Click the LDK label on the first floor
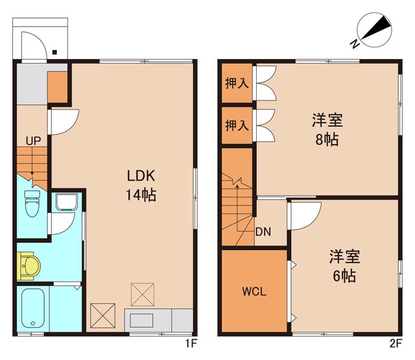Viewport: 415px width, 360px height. point(141,175)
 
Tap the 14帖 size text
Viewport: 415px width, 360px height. point(141,195)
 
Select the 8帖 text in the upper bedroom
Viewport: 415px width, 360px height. point(327,139)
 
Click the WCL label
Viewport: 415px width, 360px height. point(254,291)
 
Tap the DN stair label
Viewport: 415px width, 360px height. point(263,232)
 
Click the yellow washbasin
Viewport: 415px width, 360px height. point(30,265)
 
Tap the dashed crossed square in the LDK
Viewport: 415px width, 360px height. point(143,293)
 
